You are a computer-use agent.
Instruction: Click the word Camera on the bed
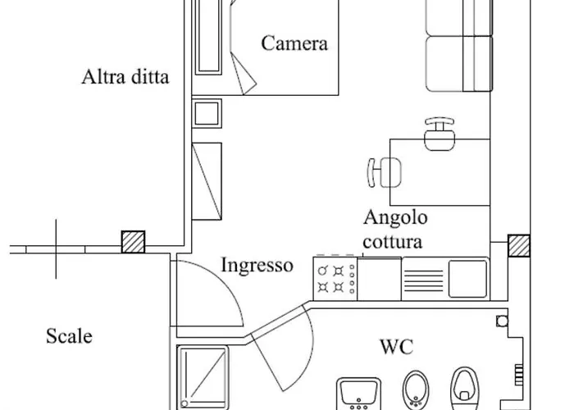click(294, 43)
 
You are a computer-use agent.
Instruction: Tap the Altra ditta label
click(125, 79)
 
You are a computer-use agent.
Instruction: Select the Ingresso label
click(257, 265)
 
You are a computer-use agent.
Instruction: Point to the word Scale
click(69, 336)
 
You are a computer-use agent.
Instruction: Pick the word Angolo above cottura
click(396, 218)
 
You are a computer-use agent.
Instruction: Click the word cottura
click(394, 243)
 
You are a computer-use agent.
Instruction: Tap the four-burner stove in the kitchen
click(335, 279)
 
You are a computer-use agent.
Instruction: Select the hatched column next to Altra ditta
click(133, 242)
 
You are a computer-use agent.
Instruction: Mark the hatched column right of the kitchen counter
click(518, 246)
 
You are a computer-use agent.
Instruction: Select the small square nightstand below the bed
click(206, 112)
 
